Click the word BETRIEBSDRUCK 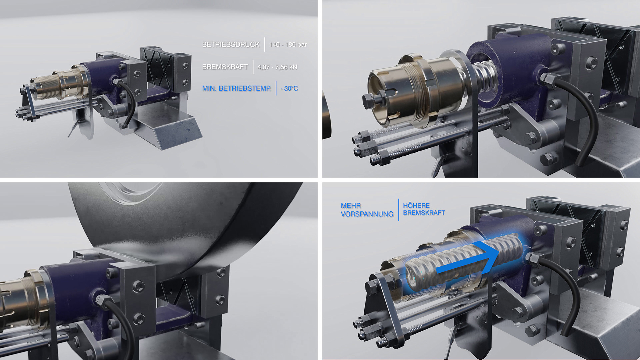click(x=231, y=44)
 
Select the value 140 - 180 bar click(x=288, y=44)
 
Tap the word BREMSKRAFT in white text click(x=225, y=67)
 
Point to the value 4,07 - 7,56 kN click(x=277, y=67)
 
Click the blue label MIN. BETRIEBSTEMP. click(x=237, y=88)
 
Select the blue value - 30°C click(x=289, y=88)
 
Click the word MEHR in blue click(x=351, y=206)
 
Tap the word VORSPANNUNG click(x=367, y=214)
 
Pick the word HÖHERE click(x=416, y=206)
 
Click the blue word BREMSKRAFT click(x=424, y=213)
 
